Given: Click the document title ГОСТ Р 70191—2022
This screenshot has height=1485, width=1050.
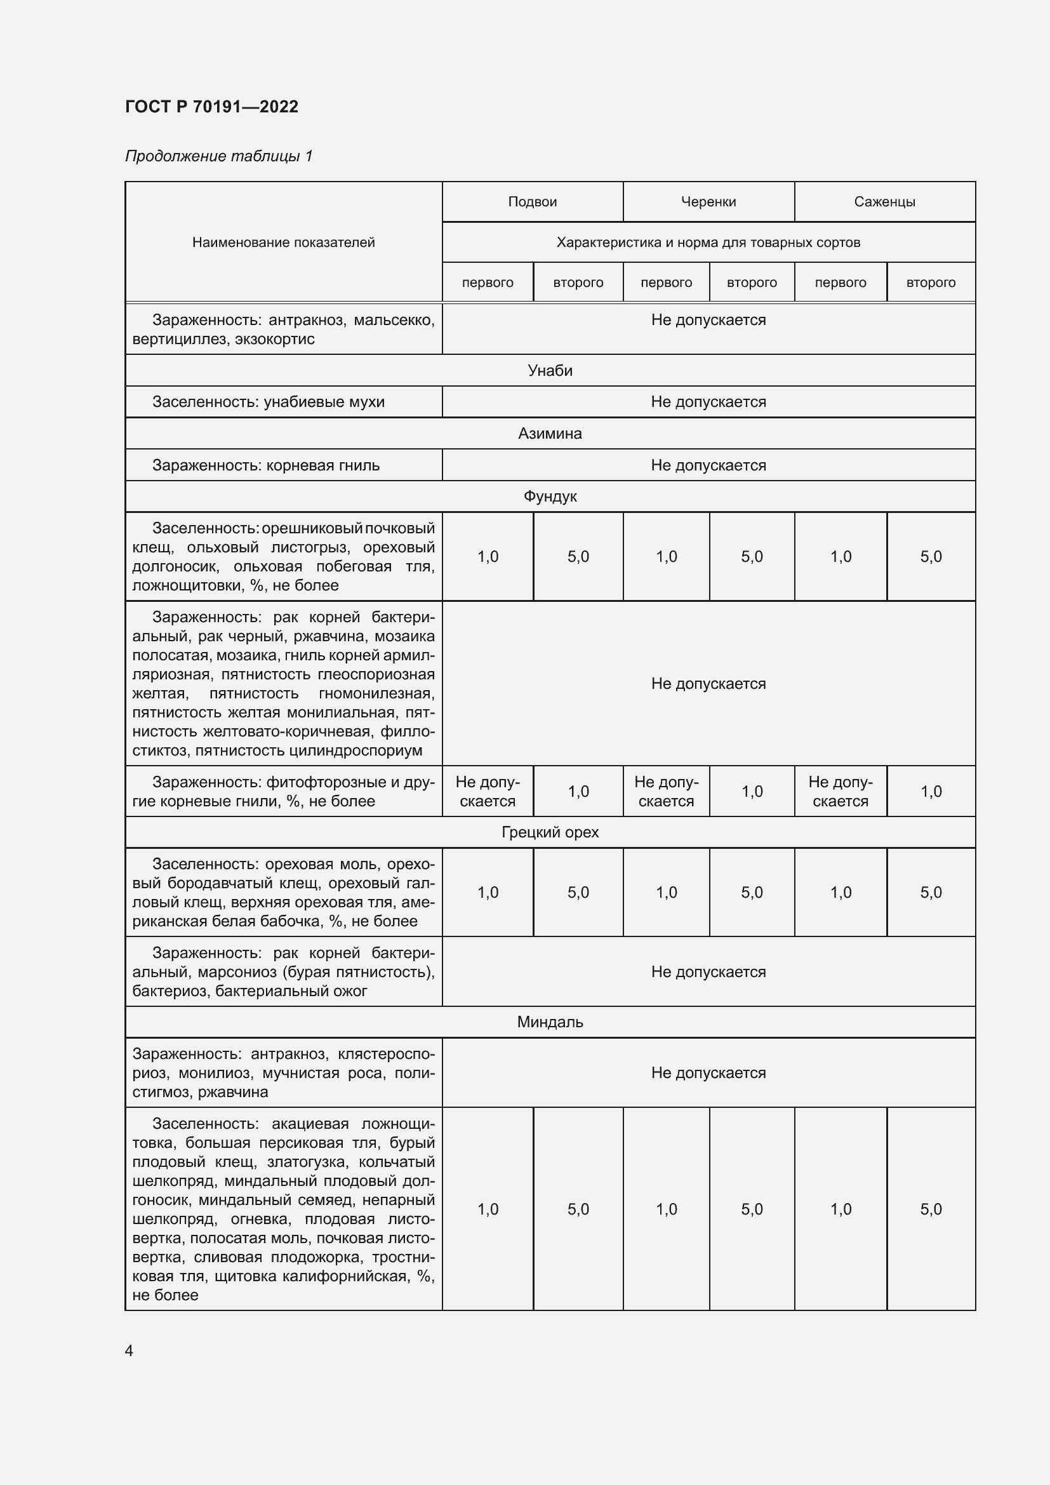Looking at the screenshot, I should (211, 107).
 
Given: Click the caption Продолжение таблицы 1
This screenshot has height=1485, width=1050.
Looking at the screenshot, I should (218, 156).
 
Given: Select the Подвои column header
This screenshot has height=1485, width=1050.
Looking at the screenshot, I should (532, 202).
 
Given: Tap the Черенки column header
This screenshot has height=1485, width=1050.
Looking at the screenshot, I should (708, 202).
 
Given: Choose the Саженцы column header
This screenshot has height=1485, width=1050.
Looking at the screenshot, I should (884, 202).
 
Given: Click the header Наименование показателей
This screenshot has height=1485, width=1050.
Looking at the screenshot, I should (283, 243).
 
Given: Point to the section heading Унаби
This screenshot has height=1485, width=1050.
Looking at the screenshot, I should (550, 371).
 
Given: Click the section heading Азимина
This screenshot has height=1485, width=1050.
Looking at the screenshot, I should (550, 434).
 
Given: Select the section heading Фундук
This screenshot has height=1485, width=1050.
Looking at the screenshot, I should (550, 496).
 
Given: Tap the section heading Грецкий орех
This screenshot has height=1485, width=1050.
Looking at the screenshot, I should (550, 832).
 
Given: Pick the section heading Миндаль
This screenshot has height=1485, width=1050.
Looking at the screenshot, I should (550, 1022).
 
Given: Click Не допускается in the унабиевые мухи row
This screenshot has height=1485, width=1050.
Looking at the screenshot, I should (708, 402).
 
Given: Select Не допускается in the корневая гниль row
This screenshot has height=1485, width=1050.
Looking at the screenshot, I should (708, 465).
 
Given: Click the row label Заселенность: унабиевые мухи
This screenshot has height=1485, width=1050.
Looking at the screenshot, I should (269, 403).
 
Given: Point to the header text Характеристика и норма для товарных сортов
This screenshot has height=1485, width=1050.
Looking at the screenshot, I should (708, 243).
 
